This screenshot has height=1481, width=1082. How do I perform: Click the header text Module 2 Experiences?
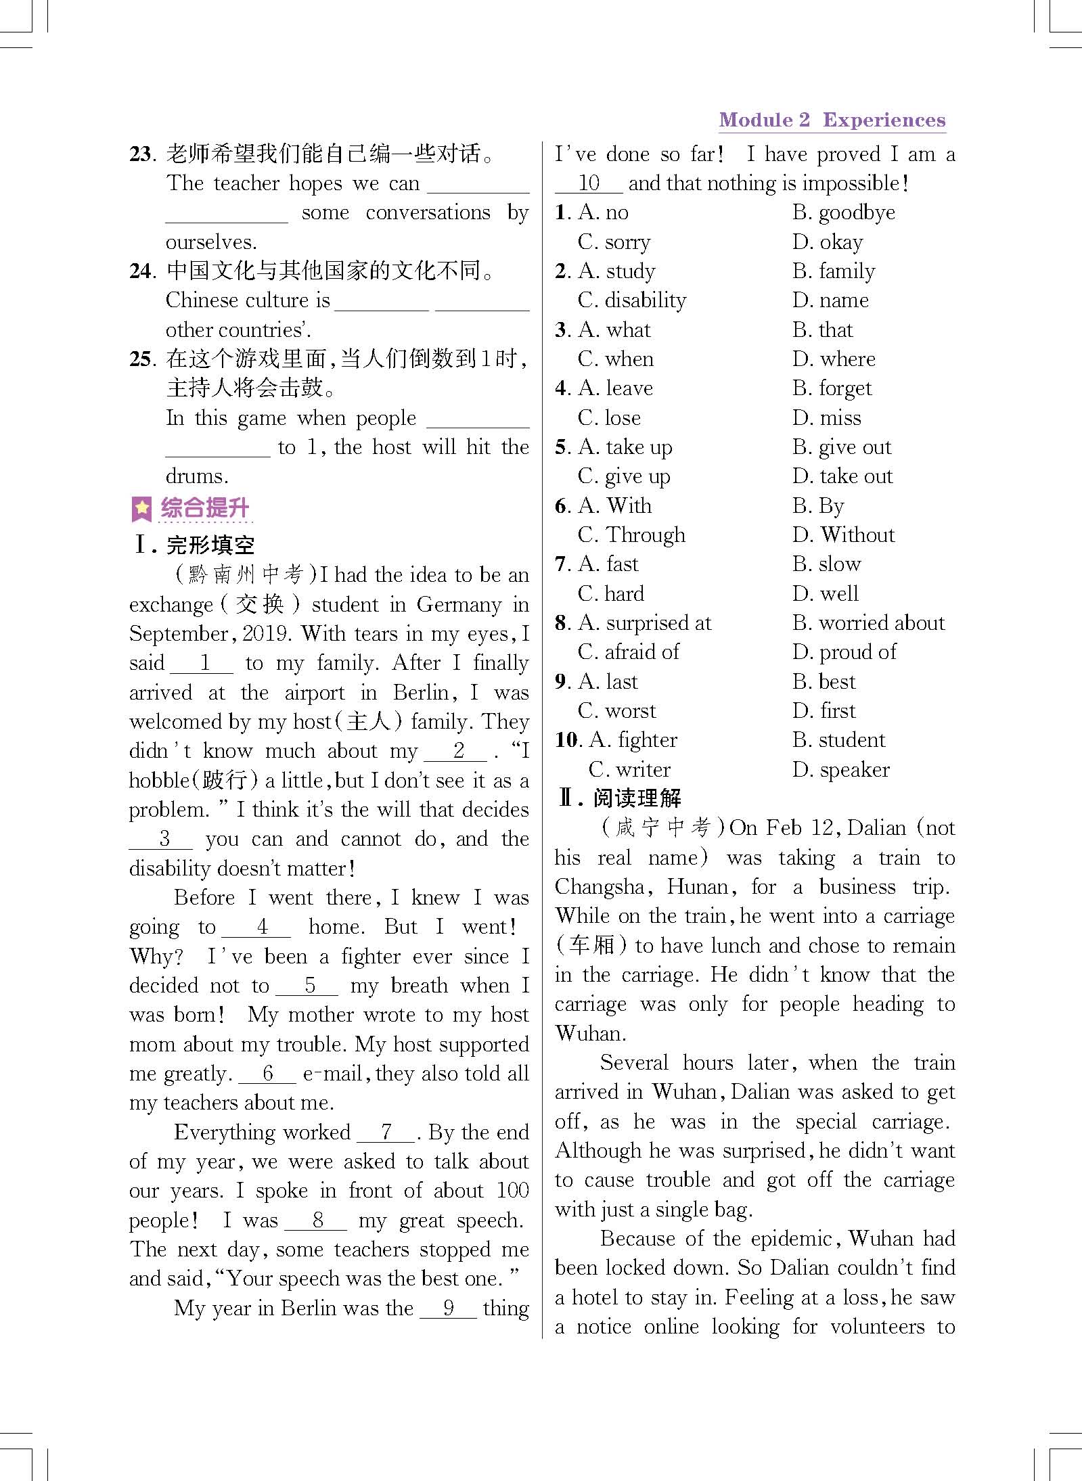(832, 120)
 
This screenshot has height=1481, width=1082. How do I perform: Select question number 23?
(142, 154)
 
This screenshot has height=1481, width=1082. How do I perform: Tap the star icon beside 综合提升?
(141, 509)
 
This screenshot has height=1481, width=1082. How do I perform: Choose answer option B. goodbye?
(844, 213)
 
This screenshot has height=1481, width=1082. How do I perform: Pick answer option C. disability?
(632, 300)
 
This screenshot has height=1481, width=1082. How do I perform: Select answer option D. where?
(834, 359)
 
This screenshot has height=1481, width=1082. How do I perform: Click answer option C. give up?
(624, 476)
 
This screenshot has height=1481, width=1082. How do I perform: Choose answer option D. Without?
(843, 535)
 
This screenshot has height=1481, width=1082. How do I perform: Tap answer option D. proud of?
(844, 652)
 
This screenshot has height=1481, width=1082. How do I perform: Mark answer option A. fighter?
(633, 740)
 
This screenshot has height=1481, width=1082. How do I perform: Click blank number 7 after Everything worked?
(386, 1133)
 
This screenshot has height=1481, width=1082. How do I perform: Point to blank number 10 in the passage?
(589, 183)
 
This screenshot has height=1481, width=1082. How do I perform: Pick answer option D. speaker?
(841, 770)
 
